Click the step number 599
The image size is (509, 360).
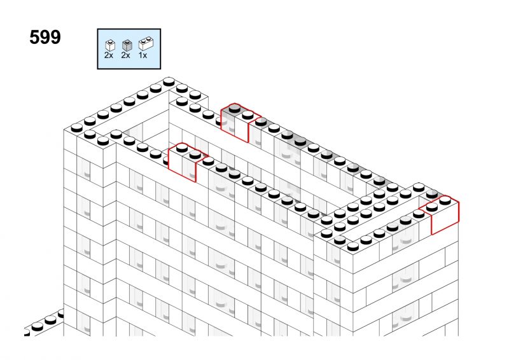click(45, 37)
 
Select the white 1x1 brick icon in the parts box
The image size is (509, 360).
click(110, 45)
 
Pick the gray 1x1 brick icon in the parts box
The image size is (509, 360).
click(127, 45)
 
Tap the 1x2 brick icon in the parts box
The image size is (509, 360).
click(146, 43)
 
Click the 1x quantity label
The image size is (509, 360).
click(143, 55)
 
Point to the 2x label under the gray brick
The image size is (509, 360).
click(125, 55)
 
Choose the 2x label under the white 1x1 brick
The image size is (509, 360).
click(109, 55)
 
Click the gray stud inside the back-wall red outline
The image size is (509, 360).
click(234, 108)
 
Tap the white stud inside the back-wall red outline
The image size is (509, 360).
click(248, 115)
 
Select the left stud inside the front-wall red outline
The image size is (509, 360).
click(182, 148)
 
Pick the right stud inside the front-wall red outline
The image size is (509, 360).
click(195, 155)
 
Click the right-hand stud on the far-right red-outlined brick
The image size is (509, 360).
click(445, 200)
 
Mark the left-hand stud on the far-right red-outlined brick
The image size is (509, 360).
click(432, 207)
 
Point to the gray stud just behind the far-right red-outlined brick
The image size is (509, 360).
click(432, 194)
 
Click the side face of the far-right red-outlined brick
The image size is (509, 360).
click(445, 219)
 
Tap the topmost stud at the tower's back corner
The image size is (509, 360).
click(169, 81)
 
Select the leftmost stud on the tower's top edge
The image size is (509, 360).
click(76, 128)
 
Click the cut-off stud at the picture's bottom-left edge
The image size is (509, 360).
click(27, 332)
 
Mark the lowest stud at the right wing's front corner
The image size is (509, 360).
click(353, 247)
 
